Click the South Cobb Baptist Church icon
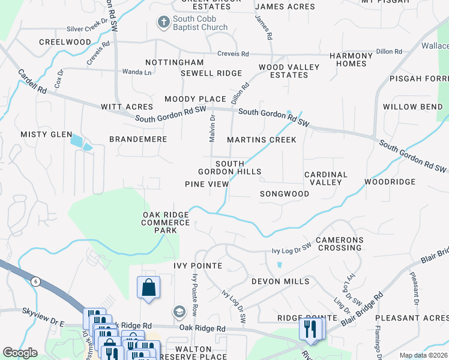pyautogui.click(x=163, y=23)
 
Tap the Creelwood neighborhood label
pyautogui.click(x=65, y=42)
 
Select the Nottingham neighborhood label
pyautogui.click(x=175, y=62)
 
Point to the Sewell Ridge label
pyautogui.click(x=211, y=73)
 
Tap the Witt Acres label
pyautogui.click(x=127, y=107)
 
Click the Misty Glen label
pyautogui.click(x=46, y=135)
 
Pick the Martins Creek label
pyautogui.click(x=262, y=140)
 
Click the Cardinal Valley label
pyautogui.click(x=326, y=178)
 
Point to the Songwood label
pyautogui.click(x=285, y=194)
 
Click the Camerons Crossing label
pyautogui.click(x=340, y=244)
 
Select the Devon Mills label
pyautogui.click(x=280, y=281)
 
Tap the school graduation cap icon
pyautogui.click(x=178, y=311)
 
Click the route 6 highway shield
pyautogui.click(x=36, y=282)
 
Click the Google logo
pyautogui.click(x=20, y=353)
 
